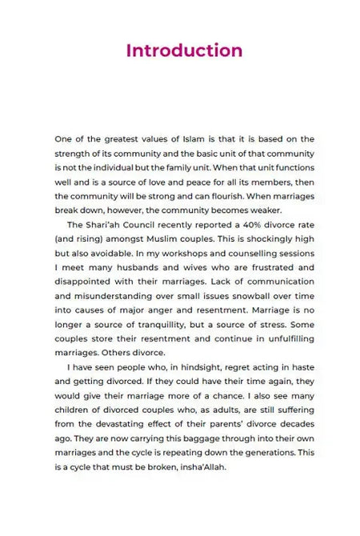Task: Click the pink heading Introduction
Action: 184,50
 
